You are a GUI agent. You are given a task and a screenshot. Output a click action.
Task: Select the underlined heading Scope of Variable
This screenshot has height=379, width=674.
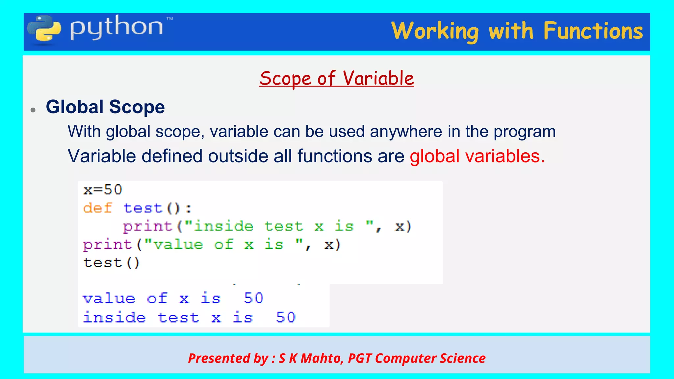click(336, 79)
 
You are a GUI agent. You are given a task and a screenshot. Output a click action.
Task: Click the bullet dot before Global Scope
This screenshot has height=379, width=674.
click(33, 110)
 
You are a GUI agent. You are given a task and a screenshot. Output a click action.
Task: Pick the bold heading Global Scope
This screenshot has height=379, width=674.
click(105, 107)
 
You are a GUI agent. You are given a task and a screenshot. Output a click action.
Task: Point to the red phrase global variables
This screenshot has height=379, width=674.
click(477, 156)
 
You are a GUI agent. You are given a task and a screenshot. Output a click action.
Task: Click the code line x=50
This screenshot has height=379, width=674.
click(103, 190)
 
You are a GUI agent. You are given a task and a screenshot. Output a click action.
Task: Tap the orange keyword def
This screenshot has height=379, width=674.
click(98, 208)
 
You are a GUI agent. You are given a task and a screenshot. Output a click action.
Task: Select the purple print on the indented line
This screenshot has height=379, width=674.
click(148, 226)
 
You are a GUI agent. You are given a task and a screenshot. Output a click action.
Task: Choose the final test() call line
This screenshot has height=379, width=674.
click(112, 263)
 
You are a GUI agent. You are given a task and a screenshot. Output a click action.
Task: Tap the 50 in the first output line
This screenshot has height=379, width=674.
click(253, 298)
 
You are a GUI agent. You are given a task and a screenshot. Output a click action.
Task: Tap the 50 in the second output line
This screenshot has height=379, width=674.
click(286, 317)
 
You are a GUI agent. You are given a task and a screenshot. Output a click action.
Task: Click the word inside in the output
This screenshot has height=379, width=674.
click(114, 317)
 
